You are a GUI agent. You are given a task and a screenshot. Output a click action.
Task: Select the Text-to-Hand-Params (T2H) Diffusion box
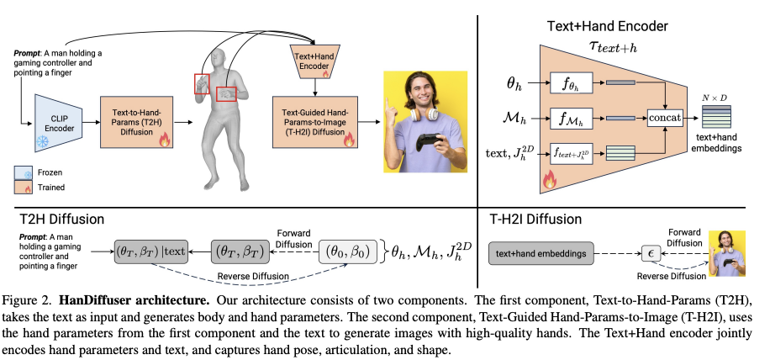pos(135,122)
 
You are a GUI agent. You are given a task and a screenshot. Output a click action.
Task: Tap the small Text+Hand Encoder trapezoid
pos(313,59)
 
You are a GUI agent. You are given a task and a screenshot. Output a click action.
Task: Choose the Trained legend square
pos(24,188)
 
